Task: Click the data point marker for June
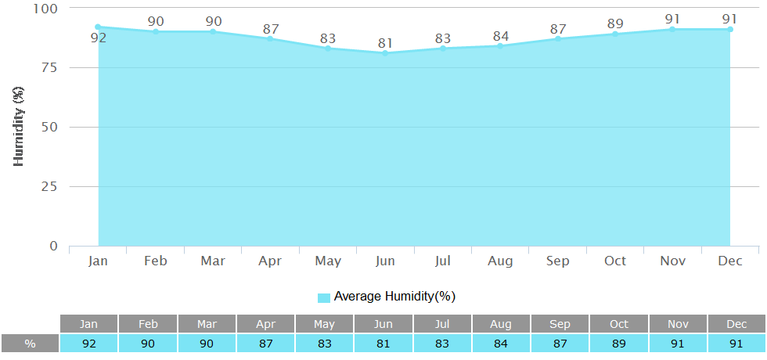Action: [x=385, y=53]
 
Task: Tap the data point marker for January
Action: [x=98, y=27]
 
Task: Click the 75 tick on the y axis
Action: [x=49, y=67]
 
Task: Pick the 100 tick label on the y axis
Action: [x=45, y=8]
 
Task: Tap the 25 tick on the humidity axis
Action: [x=49, y=186]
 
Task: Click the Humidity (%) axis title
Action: [x=19, y=127]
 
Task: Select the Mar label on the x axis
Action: [x=213, y=261]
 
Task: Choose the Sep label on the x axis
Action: [x=558, y=261]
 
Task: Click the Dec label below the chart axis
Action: [x=730, y=261]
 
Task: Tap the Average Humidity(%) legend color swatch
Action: [x=324, y=297]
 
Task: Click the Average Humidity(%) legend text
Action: [x=394, y=297]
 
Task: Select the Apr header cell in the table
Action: [x=265, y=324]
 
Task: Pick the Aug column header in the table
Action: [x=501, y=324]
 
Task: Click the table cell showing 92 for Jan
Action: [x=89, y=344]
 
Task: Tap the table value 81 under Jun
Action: [x=383, y=344]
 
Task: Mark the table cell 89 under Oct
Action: [x=618, y=344]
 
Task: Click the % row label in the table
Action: [x=30, y=344]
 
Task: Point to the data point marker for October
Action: [x=615, y=34]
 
